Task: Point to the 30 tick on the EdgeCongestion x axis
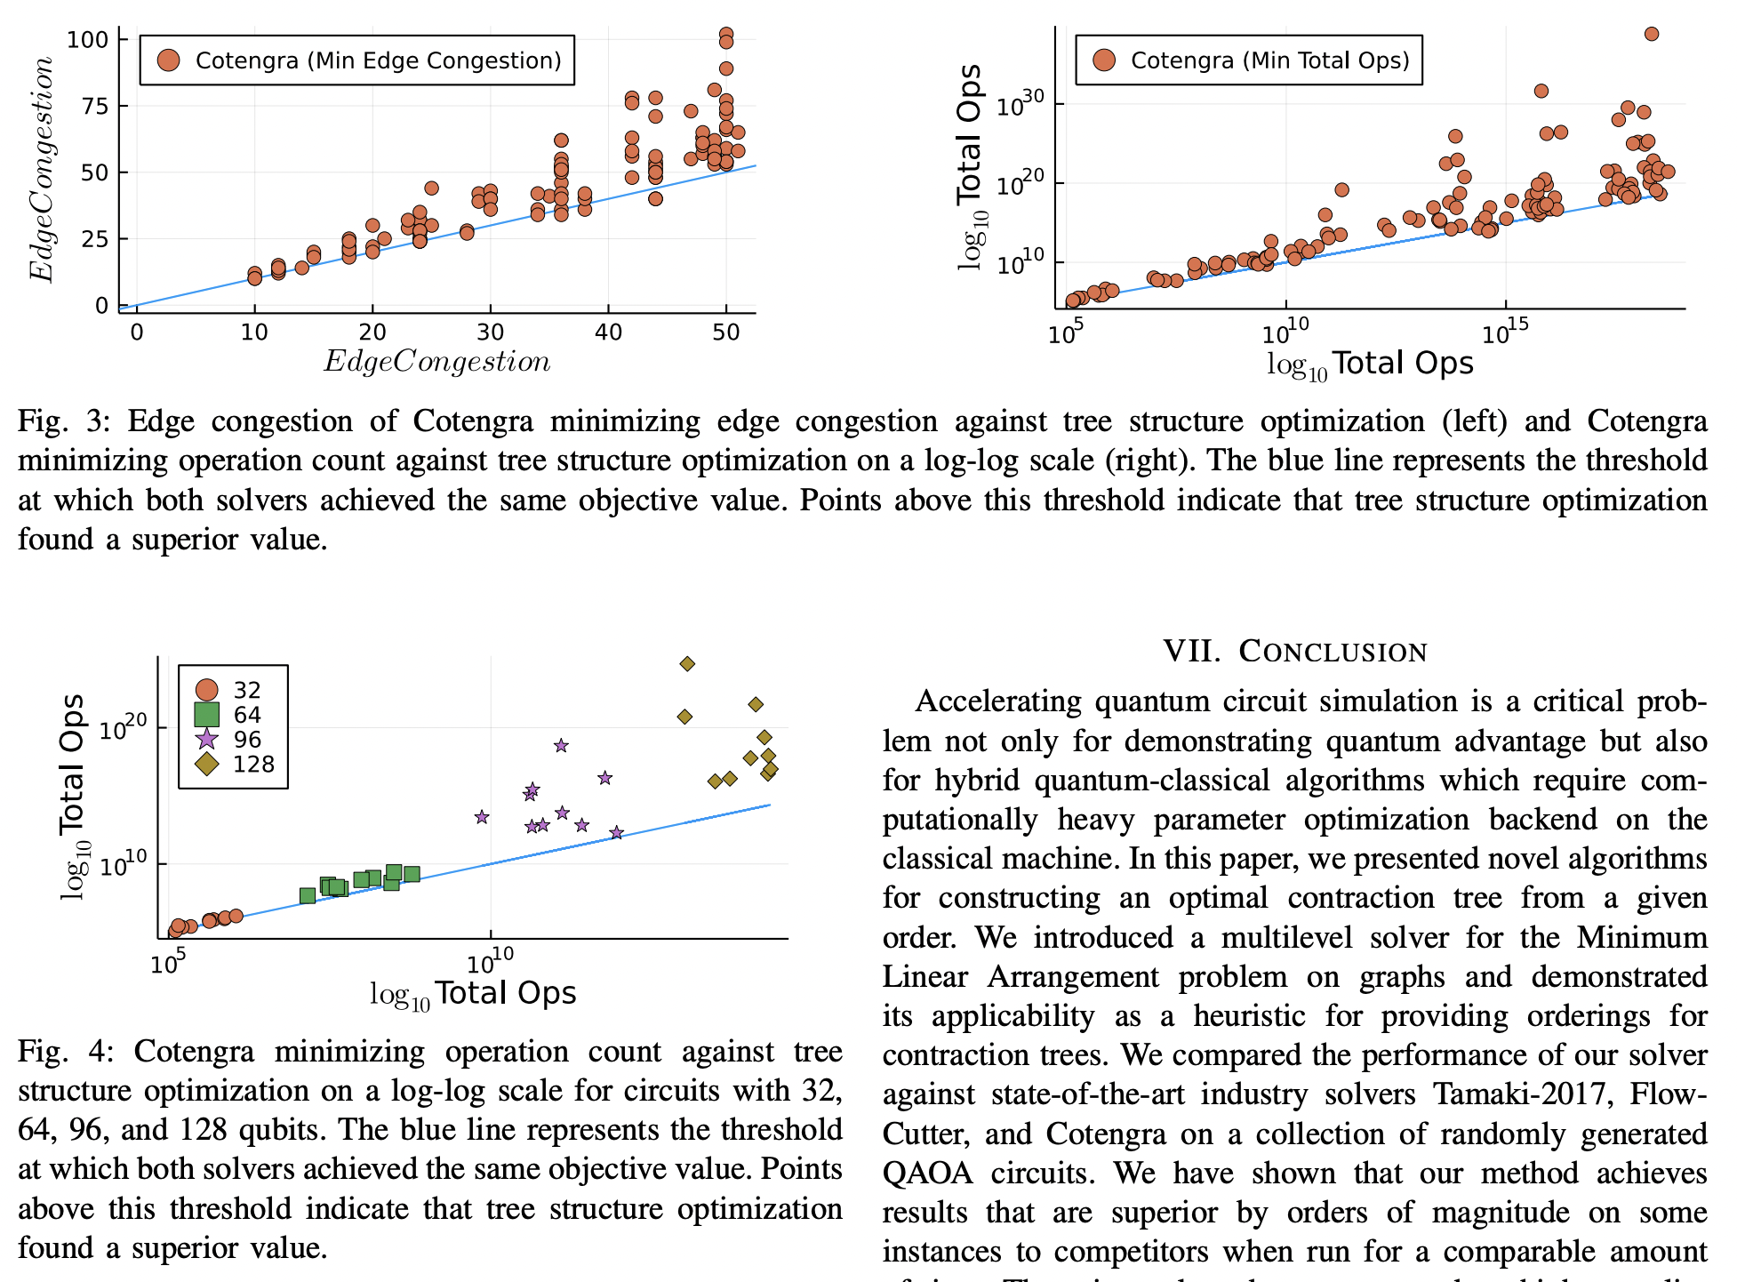click(490, 333)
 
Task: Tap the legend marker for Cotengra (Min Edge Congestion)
click(168, 60)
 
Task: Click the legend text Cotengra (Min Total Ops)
click(1269, 60)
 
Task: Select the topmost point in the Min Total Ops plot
click(1652, 34)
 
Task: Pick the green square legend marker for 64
click(206, 715)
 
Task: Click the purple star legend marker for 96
click(206, 740)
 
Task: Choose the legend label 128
click(253, 765)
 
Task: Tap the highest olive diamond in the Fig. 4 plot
click(687, 664)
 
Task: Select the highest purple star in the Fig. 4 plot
click(561, 746)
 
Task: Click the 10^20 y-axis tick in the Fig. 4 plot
click(123, 729)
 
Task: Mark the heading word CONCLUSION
click(1333, 652)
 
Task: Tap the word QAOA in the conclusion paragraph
click(928, 1174)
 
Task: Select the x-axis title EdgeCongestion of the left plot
click(436, 361)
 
